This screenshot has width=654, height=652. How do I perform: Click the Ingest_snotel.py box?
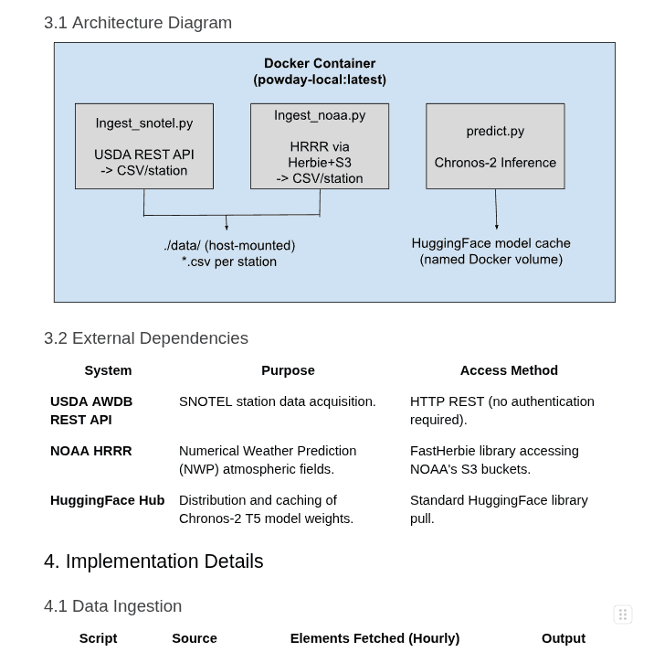(x=144, y=146)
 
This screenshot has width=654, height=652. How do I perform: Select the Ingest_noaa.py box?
(x=320, y=146)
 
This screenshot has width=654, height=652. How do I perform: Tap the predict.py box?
(x=495, y=146)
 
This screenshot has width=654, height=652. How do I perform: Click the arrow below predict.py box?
(x=496, y=209)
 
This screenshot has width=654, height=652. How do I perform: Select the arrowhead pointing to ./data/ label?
(x=227, y=226)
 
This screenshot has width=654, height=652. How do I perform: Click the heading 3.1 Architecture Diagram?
(x=138, y=23)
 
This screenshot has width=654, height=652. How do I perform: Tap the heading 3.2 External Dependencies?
(x=146, y=338)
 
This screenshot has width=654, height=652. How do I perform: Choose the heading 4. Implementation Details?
(x=153, y=561)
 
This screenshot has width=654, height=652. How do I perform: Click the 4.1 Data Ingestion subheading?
(x=113, y=606)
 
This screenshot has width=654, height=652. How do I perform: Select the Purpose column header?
(x=288, y=370)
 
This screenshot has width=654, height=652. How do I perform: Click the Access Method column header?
(x=509, y=370)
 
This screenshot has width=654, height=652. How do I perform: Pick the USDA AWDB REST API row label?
(x=91, y=411)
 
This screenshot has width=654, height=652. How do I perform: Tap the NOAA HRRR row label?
(x=91, y=451)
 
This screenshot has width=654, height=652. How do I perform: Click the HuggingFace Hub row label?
(x=108, y=500)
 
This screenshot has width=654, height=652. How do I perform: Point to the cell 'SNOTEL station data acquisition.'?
(x=278, y=401)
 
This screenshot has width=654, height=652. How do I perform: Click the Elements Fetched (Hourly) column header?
(x=374, y=638)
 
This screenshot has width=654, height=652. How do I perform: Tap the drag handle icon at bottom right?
(x=623, y=615)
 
